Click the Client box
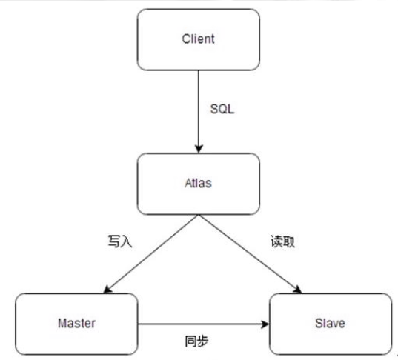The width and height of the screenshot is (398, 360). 198,39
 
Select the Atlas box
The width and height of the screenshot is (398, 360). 198,184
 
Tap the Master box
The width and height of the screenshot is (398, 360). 76,324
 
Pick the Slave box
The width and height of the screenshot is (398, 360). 331,324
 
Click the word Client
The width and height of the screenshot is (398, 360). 198,39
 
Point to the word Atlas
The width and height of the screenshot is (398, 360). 198,183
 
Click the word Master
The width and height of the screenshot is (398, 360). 76,323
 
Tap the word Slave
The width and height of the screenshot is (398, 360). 330,323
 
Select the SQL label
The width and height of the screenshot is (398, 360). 222,109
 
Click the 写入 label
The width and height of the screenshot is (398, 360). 120,241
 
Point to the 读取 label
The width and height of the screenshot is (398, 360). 283,241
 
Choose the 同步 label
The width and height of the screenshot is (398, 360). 196,341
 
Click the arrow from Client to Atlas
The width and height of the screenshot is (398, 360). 199,112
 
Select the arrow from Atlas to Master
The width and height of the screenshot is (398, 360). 151,254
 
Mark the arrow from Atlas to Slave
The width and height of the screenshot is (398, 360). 250,254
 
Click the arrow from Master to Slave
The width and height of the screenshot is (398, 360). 203,324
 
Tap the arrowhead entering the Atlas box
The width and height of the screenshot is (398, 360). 199,149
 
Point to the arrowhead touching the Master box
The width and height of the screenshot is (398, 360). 107,290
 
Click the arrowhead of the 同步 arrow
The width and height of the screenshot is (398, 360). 265,324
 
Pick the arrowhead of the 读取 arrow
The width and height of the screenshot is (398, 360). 298,290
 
